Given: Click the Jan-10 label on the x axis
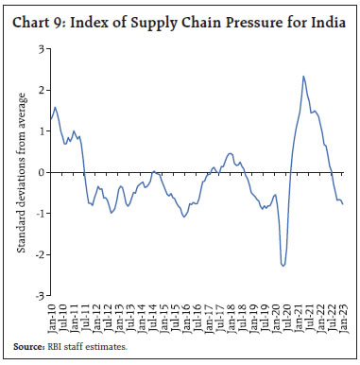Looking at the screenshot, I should (x=53, y=315).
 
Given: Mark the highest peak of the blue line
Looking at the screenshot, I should (x=302, y=77).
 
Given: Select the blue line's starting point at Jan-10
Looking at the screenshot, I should (x=53, y=120).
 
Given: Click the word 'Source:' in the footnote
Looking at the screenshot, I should (x=33, y=348).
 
